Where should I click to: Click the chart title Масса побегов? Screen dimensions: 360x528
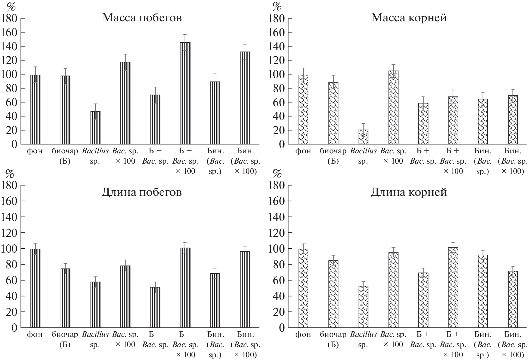pos(142,18)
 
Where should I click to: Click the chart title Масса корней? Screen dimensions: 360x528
pos(409,18)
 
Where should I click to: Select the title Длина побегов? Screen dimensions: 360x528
pos(142,192)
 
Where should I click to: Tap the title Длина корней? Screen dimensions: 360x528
pos(409,192)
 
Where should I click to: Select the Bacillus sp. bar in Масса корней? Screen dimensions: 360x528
pos(363,137)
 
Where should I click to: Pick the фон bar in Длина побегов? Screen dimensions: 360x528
pos(35,288)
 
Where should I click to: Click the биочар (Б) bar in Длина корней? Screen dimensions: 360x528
pos(333,294)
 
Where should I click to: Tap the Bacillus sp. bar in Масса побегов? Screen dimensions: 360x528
pos(95,128)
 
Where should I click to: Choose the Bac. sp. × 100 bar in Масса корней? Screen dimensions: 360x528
pos(393,107)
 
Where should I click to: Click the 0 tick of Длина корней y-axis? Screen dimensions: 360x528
pos(281,328)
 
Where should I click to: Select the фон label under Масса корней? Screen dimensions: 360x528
pos(303,151)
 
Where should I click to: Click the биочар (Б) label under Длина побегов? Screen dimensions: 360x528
pos(65,339)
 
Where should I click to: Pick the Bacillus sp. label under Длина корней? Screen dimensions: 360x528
pos(363,339)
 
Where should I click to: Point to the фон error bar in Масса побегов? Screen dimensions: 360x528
pos(35,74)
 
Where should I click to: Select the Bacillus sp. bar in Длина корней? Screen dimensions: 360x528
pos(363,307)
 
